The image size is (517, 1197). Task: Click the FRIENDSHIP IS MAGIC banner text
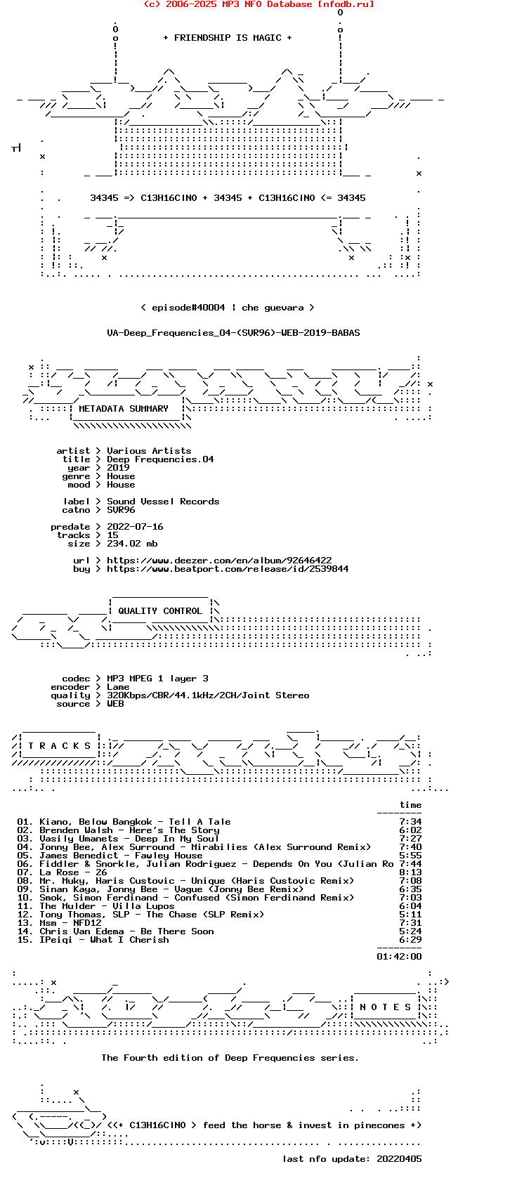228,38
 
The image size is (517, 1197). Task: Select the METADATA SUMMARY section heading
124,409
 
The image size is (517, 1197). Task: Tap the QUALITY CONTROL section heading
160,610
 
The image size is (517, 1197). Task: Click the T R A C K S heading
59,746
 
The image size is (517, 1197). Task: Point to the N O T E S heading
385,1007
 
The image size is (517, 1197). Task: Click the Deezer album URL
219,560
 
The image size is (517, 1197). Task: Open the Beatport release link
228,568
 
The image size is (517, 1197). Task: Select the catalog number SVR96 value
121,510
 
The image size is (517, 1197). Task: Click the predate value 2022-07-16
135,526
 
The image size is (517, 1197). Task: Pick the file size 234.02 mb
132,544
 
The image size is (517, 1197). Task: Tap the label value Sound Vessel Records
163,502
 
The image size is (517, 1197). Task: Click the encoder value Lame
118,687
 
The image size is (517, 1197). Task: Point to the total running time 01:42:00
399,957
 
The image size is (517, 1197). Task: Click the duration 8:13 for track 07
410,872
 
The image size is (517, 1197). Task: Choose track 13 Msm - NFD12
70,923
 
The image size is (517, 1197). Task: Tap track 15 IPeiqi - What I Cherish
104,939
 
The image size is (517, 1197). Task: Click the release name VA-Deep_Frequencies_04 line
233,333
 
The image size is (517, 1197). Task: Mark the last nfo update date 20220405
399,1159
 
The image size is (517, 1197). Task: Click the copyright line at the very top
259,4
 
